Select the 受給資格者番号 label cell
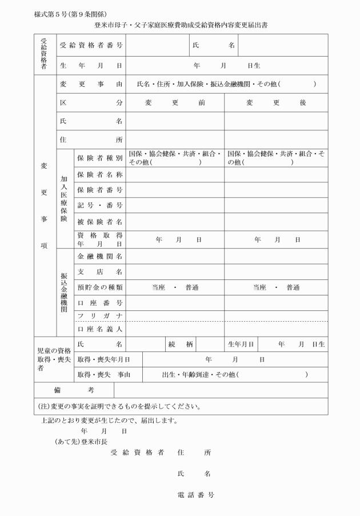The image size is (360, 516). (x=91, y=45)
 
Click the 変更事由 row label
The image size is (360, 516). (x=91, y=84)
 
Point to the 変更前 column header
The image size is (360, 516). (x=174, y=103)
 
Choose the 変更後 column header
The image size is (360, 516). (x=276, y=103)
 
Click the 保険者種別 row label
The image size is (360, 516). (x=99, y=158)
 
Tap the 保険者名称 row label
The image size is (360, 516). (x=99, y=174)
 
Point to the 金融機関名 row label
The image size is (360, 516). (x=99, y=256)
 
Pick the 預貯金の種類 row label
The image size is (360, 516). (x=99, y=287)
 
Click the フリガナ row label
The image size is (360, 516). (x=99, y=316)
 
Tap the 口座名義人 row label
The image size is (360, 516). (x=99, y=329)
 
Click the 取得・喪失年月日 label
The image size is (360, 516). (x=103, y=359)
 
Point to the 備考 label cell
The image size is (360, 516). (x=74, y=390)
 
